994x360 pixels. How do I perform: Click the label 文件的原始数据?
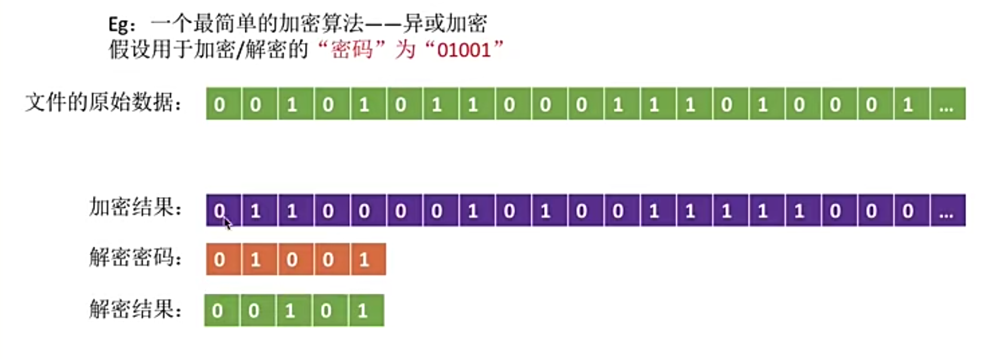pos(103,103)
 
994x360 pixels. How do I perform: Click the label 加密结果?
pos(135,208)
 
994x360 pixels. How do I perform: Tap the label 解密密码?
pos(135,258)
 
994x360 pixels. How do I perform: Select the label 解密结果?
pos(135,309)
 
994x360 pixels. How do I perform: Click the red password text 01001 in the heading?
pos(463,50)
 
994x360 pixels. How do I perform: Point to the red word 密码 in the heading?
pos(352,50)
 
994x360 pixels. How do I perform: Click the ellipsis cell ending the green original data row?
pos(947,104)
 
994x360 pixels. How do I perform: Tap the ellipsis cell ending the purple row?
pos(947,211)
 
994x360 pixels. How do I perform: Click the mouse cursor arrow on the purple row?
pos(227,223)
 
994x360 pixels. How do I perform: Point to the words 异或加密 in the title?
pos(445,24)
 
